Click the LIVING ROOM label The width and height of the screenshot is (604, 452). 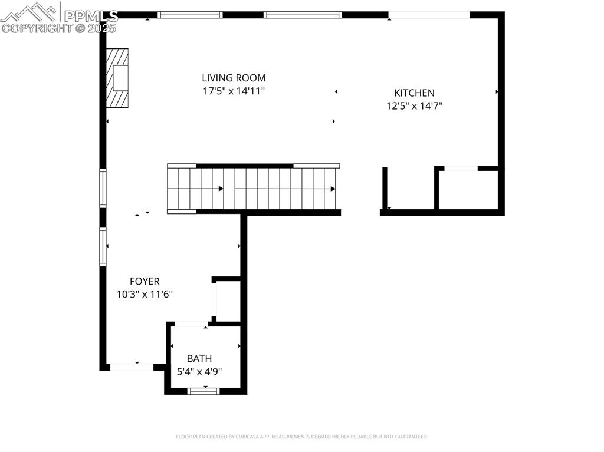234,78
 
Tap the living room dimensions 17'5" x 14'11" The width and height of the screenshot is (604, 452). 234,91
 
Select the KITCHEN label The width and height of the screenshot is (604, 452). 414,93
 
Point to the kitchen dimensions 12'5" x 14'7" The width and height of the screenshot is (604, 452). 414,106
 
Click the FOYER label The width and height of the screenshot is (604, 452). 145,282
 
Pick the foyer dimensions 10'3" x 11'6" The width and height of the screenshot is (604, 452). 145,295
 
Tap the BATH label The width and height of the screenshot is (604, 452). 199,358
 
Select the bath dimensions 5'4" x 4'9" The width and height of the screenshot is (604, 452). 199,371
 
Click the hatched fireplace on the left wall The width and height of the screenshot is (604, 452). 117,78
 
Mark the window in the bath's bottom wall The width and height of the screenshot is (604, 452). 203,390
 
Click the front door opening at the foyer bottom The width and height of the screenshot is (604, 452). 132,367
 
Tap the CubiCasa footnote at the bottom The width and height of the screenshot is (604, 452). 302,437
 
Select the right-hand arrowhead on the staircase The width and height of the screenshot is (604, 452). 333,189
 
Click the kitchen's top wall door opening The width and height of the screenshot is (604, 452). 429,15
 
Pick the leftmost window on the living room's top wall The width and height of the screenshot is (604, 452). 190,15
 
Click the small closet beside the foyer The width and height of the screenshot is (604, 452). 227,301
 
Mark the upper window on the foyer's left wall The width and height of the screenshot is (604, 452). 103,188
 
